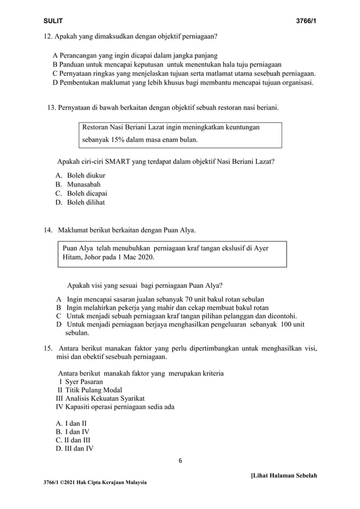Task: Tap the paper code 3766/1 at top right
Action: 306,21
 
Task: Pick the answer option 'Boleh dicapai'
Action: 87,194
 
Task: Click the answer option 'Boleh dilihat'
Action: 86,203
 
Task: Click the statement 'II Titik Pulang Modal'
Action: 89,390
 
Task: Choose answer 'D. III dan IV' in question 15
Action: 74,449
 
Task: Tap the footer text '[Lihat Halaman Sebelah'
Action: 284,476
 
